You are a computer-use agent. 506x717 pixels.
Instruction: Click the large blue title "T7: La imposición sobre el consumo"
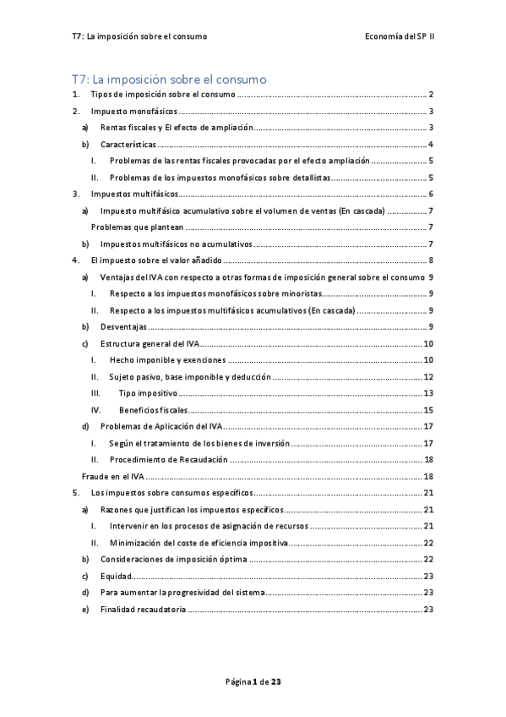pyautogui.click(x=170, y=79)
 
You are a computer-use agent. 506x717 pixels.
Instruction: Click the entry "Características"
pyautogui.click(x=128, y=145)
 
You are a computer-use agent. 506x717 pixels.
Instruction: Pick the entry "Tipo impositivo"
pyautogui.click(x=147, y=392)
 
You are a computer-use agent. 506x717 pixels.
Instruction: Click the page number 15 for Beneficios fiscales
pyautogui.click(x=429, y=409)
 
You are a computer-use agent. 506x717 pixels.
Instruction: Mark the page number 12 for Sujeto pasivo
pyautogui.click(x=429, y=376)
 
